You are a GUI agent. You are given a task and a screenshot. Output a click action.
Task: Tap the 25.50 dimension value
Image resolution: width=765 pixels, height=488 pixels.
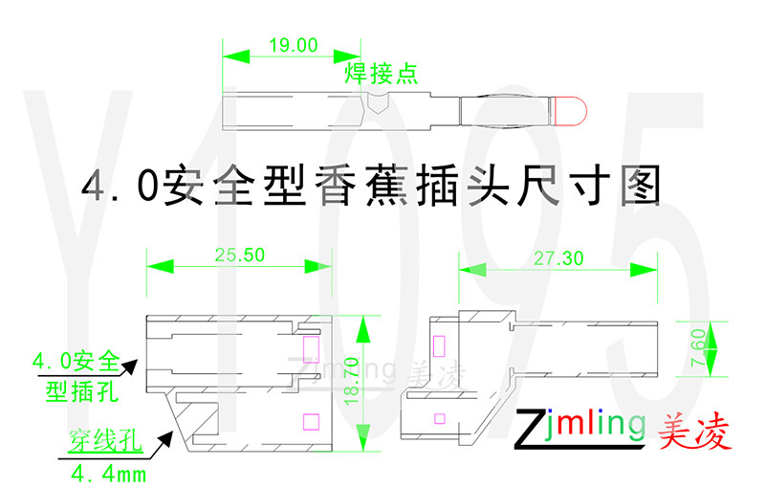coord(239,255)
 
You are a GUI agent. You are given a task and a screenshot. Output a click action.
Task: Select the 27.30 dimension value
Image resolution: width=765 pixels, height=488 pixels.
coord(558,258)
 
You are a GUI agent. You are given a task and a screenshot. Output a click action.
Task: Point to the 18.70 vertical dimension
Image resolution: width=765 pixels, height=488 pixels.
coord(377,383)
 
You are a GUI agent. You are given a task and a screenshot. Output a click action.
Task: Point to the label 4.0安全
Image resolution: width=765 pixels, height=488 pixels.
coord(76,362)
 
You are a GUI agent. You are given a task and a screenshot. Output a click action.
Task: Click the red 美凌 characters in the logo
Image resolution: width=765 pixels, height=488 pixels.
coord(694,433)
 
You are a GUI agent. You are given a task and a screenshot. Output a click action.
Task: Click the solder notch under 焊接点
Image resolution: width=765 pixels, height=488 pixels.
coord(377,103)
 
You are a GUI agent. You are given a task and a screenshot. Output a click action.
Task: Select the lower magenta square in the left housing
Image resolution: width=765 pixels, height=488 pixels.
coord(309,420)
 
